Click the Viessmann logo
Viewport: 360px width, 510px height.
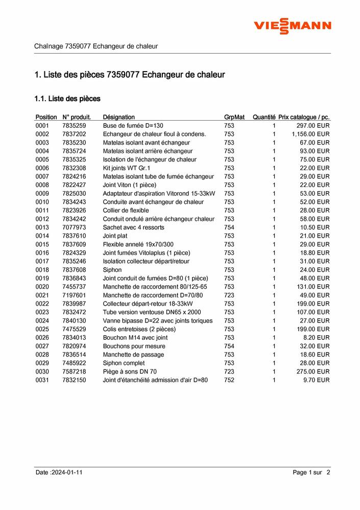point(293,26)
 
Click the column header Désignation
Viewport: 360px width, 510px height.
point(118,117)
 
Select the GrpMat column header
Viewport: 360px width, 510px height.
point(234,117)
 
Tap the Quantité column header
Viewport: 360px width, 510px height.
point(263,117)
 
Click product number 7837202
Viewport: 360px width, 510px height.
point(74,134)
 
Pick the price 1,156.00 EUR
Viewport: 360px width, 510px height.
point(310,134)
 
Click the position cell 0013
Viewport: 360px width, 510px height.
point(42,227)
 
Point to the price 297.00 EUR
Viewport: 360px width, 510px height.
point(313,126)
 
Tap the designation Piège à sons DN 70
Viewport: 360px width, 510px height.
point(130,372)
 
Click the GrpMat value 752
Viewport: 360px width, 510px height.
point(229,380)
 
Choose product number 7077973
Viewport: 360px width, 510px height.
point(74,227)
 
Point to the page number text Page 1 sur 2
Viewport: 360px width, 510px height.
point(311,473)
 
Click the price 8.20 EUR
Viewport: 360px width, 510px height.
point(316,338)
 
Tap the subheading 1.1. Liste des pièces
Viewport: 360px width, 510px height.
point(67,98)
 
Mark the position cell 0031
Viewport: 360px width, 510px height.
point(42,380)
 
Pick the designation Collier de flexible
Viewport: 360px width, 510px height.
point(126,210)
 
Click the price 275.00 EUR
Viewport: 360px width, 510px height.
point(313,372)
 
